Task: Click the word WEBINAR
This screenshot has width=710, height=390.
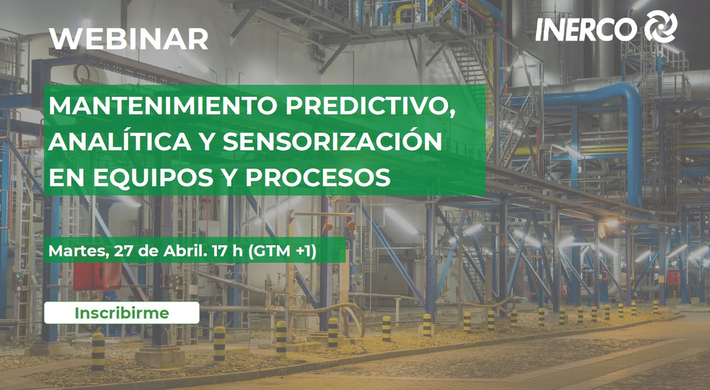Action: point(129,40)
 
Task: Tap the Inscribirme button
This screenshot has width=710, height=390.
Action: point(121,313)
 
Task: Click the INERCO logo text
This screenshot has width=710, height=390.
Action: point(585,28)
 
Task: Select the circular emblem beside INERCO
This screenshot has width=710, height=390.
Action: point(660,27)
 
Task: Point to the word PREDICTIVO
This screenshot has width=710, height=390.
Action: point(367,108)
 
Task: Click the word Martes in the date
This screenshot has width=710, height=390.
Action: point(75,251)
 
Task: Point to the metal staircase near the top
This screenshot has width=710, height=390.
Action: point(467,65)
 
